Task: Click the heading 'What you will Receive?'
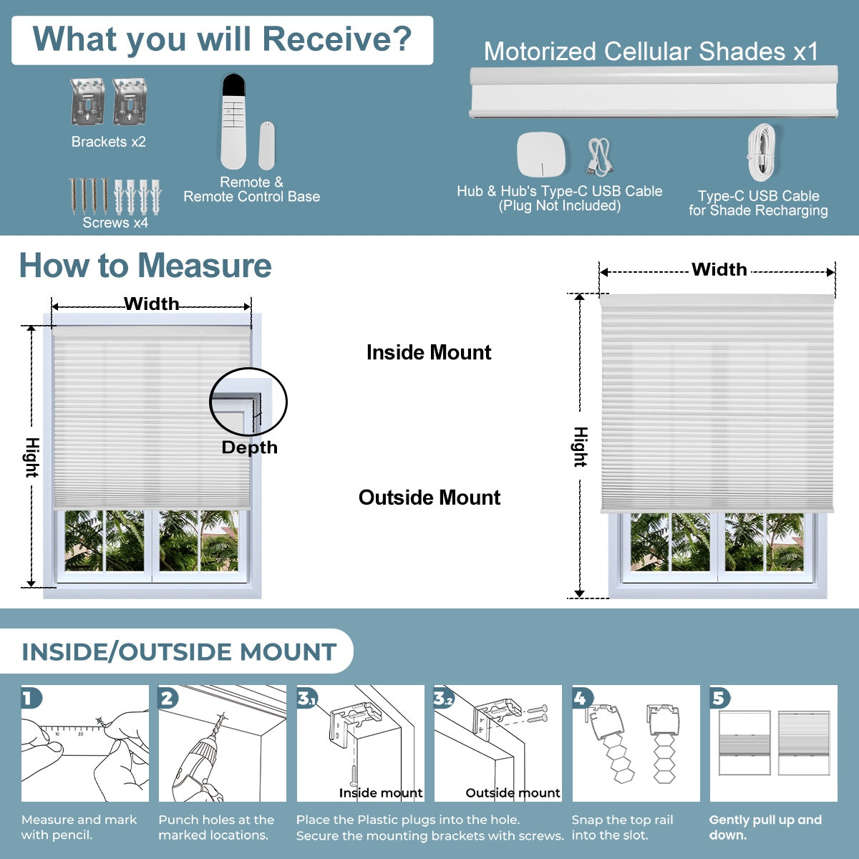click(x=222, y=39)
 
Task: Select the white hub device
click(x=541, y=154)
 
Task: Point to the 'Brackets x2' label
click(x=108, y=142)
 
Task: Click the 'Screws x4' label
click(x=115, y=223)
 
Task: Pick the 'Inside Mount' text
click(x=429, y=352)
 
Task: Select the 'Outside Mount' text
click(x=429, y=498)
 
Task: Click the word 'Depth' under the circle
click(x=249, y=447)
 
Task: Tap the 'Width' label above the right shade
click(x=719, y=270)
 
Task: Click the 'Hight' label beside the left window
click(x=32, y=457)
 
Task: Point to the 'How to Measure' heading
click(x=145, y=266)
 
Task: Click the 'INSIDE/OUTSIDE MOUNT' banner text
click(x=179, y=652)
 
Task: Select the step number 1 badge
click(x=31, y=698)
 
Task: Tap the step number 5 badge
click(x=719, y=698)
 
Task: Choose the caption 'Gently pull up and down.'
click(x=765, y=828)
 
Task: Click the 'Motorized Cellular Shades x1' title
click(x=651, y=52)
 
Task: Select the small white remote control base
click(x=266, y=145)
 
